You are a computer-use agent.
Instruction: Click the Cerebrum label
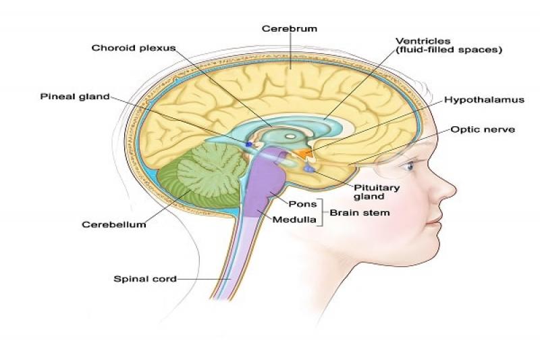pyautogui.click(x=290, y=28)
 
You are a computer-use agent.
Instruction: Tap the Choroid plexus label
pyautogui.click(x=134, y=48)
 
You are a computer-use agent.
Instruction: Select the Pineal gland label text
pyautogui.click(x=75, y=97)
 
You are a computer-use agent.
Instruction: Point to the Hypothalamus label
pyautogui.click(x=484, y=100)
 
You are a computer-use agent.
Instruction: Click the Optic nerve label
pyautogui.click(x=483, y=130)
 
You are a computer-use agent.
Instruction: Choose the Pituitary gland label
pyautogui.click(x=377, y=192)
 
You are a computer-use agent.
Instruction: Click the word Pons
pyautogui.click(x=302, y=204)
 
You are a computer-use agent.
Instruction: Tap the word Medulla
pyautogui.click(x=294, y=220)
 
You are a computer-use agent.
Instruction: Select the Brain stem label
pyautogui.click(x=360, y=213)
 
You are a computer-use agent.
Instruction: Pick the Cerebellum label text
pyautogui.click(x=114, y=225)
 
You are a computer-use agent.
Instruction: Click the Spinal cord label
pyautogui.click(x=145, y=279)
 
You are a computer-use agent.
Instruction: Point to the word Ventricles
pyautogui.click(x=423, y=41)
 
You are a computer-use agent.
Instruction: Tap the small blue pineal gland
pyautogui.click(x=248, y=144)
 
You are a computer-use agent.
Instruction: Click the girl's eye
pyautogui.click(x=408, y=166)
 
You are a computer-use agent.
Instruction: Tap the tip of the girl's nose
pyautogui.click(x=454, y=190)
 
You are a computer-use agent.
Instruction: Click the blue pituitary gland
pyautogui.click(x=308, y=169)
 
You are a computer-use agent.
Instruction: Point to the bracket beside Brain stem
pyautogui.click(x=323, y=213)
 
